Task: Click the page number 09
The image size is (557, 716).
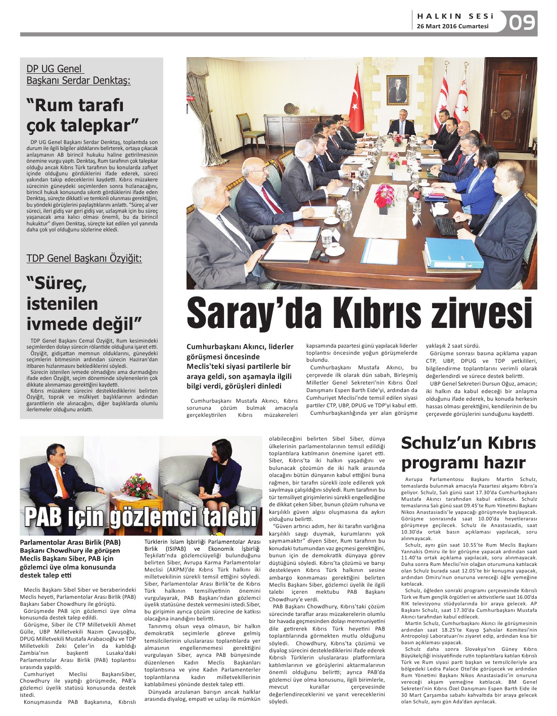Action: click(x=522, y=23)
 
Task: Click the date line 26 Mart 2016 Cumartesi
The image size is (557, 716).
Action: click(x=452, y=26)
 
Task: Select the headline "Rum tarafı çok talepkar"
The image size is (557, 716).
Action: click(x=82, y=115)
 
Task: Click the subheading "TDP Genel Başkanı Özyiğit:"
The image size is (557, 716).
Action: click(x=84, y=258)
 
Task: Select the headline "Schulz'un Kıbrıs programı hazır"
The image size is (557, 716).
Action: click(x=468, y=453)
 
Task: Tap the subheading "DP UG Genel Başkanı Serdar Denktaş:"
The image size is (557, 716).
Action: click(x=78, y=74)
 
